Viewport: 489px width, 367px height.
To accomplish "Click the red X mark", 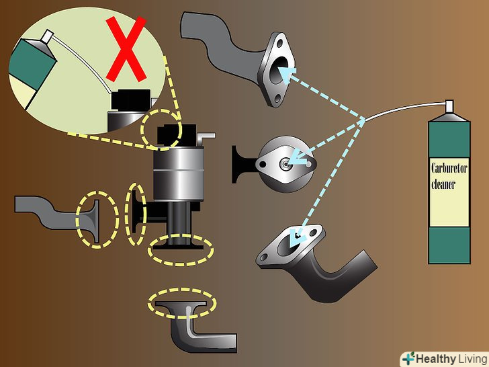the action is (x=126, y=49).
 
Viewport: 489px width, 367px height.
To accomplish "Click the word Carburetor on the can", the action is (x=449, y=169).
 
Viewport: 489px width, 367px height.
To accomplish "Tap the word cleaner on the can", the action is (x=443, y=184).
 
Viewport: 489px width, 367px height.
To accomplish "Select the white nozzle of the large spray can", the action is (x=449, y=106).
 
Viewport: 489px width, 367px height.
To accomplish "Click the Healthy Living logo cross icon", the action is (x=408, y=359).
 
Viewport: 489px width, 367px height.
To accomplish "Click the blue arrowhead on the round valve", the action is (x=298, y=158).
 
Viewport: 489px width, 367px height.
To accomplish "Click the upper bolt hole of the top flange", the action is (x=279, y=43).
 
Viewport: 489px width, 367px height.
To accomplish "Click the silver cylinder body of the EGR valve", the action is (x=179, y=174).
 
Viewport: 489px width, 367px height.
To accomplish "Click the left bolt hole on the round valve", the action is (x=263, y=163).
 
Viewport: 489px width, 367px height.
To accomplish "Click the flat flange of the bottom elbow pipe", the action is (x=181, y=303).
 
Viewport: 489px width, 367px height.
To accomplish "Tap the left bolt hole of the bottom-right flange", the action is (x=264, y=257).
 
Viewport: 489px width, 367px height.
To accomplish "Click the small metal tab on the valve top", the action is (x=206, y=136).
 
